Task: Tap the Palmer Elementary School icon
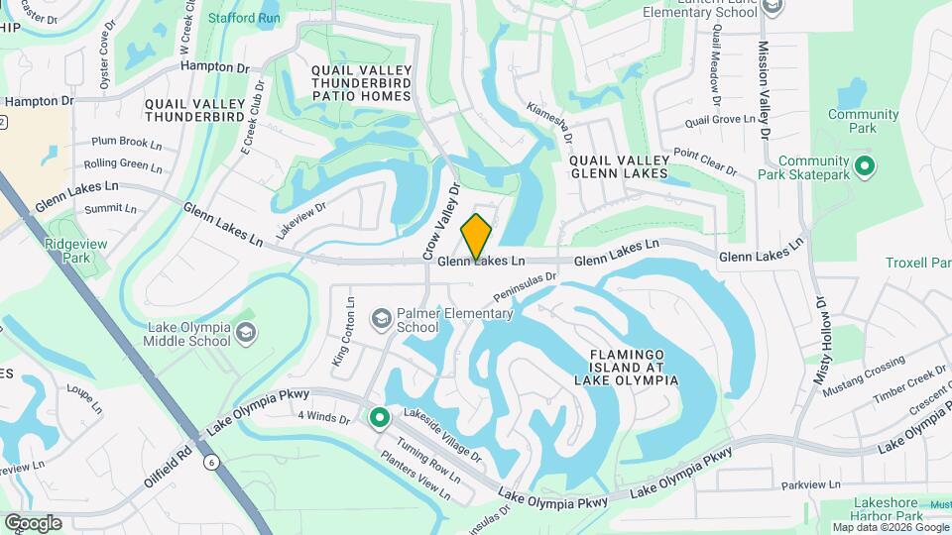pyautogui.click(x=381, y=318)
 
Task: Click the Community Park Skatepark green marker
pyautogui.click(x=864, y=165)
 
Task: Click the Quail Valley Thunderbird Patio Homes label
pyautogui.click(x=361, y=83)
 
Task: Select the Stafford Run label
pyautogui.click(x=244, y=18)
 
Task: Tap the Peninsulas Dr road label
pyautogui.click(x=527, y=285)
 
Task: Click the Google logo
pyautogui.click(x=33, y=523)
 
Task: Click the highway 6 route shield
pyautogui.click(x=212, y=462)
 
